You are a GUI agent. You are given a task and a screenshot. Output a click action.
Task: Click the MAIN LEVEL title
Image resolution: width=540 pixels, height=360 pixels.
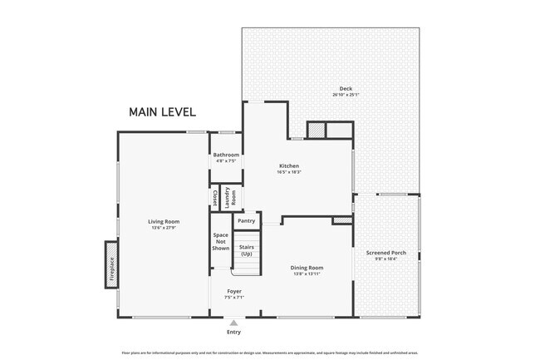[x=163, y=111]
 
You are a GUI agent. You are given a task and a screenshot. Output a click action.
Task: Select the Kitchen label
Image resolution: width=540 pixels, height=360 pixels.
[x=289, y=165]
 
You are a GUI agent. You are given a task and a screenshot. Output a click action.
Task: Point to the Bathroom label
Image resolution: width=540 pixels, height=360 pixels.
[x=225, y=155]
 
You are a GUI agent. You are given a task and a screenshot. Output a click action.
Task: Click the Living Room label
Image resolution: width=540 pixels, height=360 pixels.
[x=164, y=221]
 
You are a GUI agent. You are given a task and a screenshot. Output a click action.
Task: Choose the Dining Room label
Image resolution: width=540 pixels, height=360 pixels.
[x=307, y=268]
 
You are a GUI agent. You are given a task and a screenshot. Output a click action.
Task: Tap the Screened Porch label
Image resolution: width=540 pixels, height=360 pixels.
[x=385, y=252]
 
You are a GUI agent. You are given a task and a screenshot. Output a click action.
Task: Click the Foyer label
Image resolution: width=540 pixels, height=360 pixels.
[x=234, y=291]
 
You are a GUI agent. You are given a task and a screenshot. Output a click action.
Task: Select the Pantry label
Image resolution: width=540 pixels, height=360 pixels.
[x=246, y=221]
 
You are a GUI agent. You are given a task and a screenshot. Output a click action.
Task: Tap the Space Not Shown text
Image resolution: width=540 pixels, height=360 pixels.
[x=220, y=242]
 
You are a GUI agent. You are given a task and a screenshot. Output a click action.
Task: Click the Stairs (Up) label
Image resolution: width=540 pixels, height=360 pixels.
[x=246, y=250]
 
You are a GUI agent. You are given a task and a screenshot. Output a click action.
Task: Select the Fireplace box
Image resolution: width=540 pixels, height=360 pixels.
[x=111, y=264]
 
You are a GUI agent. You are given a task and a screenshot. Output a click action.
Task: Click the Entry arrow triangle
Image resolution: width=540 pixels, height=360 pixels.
[x=233, y=323]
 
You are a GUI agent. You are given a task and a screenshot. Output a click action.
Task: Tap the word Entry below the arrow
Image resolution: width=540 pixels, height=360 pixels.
[x=233, y=333]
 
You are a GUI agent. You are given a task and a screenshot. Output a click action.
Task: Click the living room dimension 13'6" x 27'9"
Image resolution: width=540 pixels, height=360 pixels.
[x=164, y=228]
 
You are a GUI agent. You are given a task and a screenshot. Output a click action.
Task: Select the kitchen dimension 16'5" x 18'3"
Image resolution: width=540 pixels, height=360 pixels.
[x=289, y=172]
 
